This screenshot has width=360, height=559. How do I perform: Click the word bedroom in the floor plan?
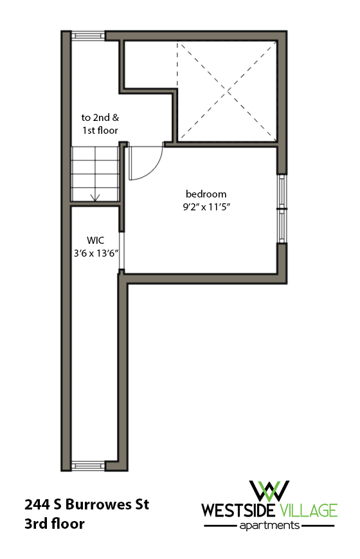(206, 194)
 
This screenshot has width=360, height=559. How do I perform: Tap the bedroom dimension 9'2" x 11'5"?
(206, 207)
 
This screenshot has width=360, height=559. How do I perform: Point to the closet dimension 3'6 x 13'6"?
(95, 253)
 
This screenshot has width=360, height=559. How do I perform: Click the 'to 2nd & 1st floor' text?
(100, 124)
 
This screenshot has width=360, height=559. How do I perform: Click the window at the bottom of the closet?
(87, 465)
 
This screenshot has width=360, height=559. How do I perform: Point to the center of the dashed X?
(228, 90)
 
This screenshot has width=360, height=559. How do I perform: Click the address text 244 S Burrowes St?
(87, 504)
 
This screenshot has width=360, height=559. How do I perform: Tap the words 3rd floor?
(55, 524)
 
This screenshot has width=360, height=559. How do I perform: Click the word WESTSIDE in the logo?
(239, 511)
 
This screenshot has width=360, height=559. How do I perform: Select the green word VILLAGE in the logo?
(308, 511)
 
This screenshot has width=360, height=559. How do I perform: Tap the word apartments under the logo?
(269, 526)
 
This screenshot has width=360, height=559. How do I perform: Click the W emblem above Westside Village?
(269, 490)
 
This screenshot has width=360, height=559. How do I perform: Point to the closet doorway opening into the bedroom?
(122, 252)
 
